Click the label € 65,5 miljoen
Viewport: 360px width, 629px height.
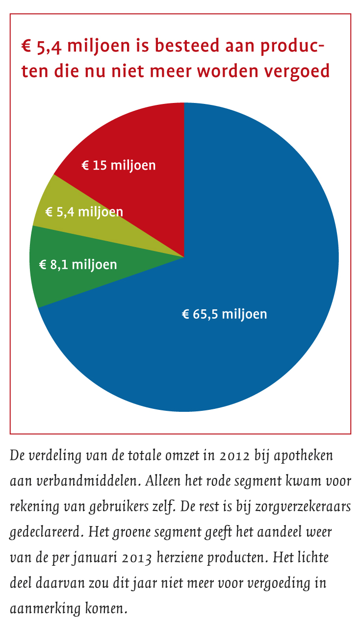coord(225,314)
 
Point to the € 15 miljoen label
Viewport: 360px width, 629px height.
coord(118,165)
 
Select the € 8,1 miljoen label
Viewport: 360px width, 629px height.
coord(78,265)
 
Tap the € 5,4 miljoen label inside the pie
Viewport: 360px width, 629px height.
coord(84,212)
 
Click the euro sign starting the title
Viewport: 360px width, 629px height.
coord(26,47)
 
